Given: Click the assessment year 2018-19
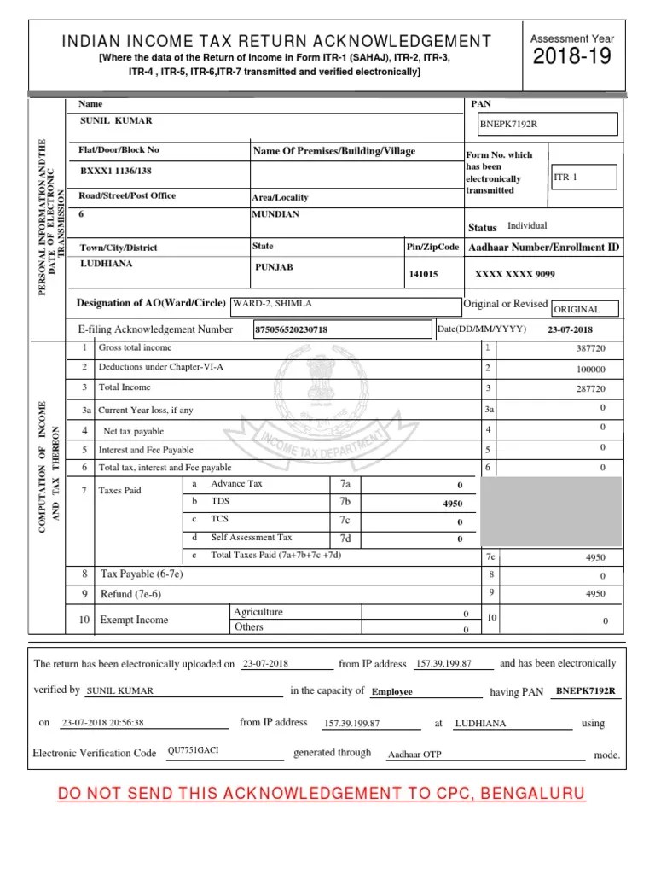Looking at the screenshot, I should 572,58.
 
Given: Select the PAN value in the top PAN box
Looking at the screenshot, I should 508,125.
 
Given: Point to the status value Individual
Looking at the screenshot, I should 527,226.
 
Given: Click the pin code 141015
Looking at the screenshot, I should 424,274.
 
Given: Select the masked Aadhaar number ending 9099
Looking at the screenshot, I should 514,274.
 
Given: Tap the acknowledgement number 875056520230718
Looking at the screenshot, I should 291,329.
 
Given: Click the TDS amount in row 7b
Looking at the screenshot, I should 452,504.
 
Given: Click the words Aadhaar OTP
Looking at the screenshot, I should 414,755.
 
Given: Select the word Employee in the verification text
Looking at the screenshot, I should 391,692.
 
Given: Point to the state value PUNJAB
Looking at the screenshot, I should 274,267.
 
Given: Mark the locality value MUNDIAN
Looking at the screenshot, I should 275,215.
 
